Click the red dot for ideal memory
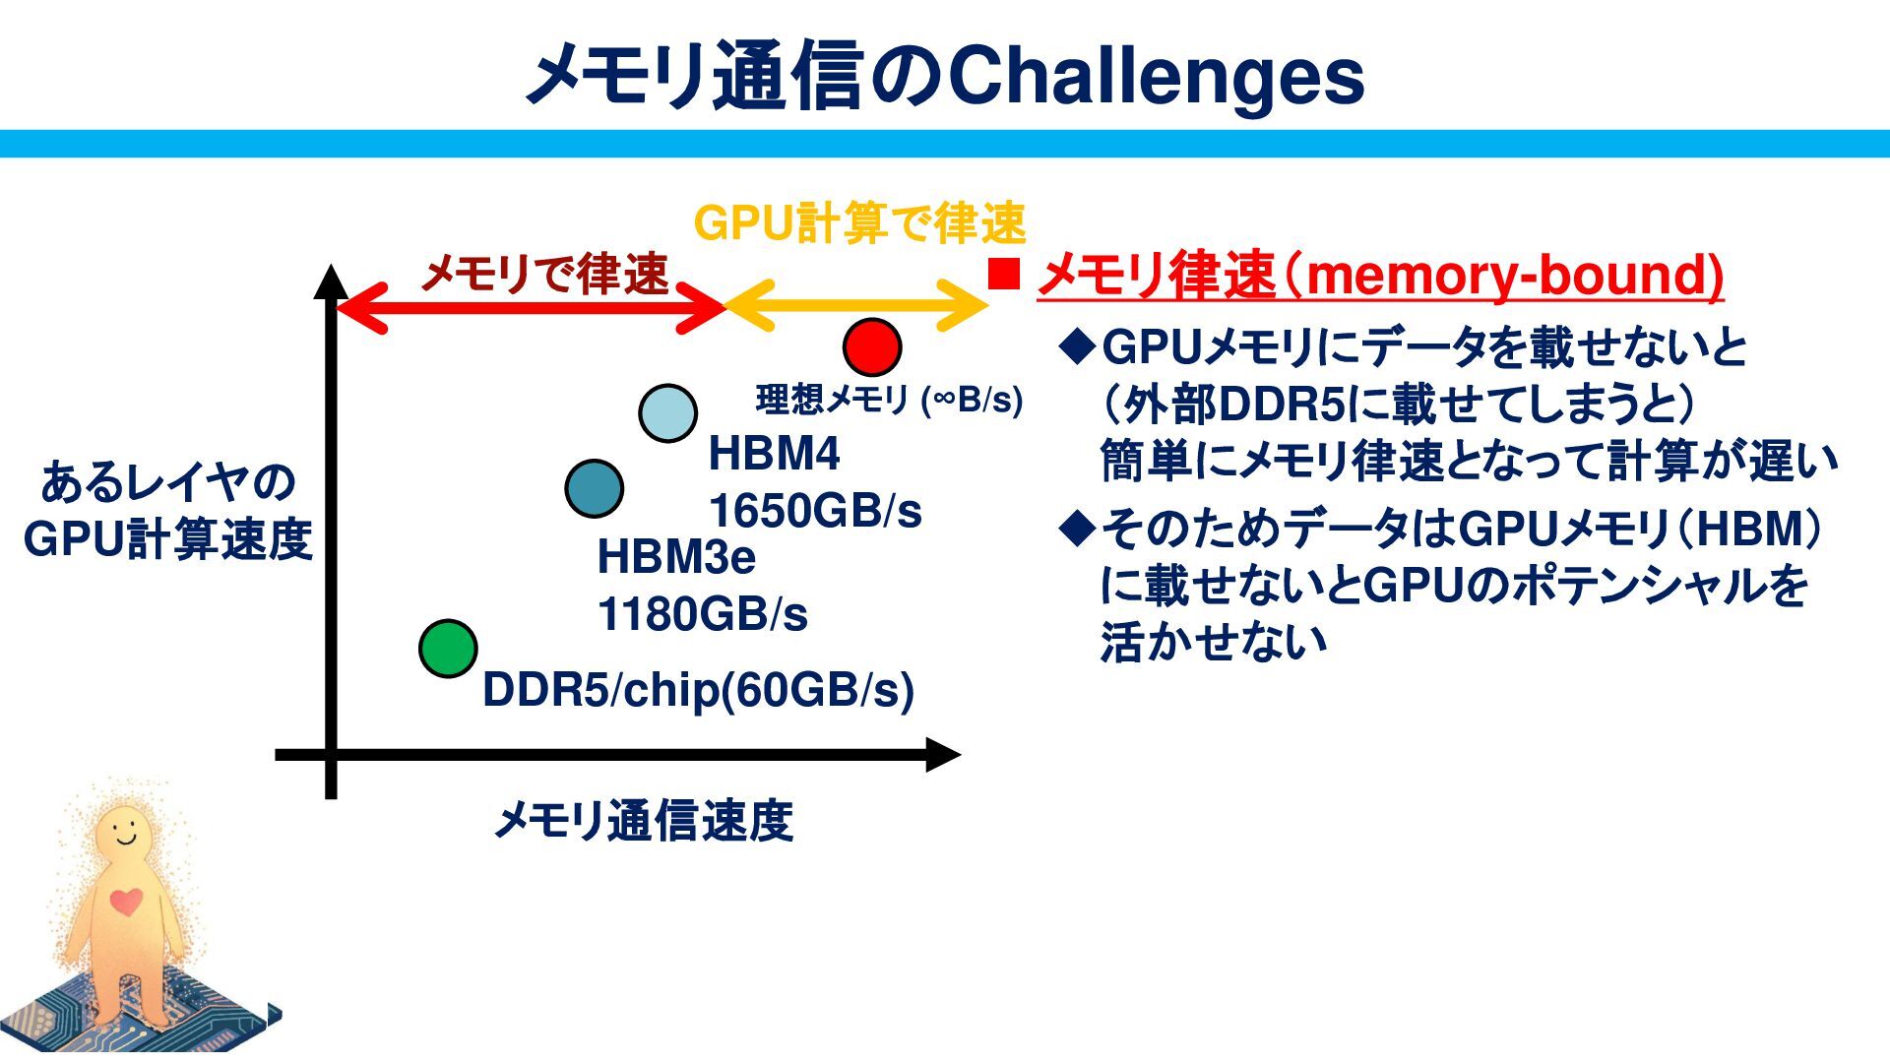(872, 346)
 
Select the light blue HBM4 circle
(667, 413)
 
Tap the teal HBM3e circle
(595, 488)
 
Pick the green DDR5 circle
(448, 649)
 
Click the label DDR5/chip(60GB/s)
(698, 690)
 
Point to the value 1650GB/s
(815, 511)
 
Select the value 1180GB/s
(702, 615)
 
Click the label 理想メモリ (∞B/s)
(889, 400)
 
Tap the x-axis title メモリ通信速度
(643, 821)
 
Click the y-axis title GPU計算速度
(167, 539)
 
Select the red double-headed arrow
(532, 306)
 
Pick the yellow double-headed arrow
(856, 306)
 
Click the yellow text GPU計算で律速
(859, 223)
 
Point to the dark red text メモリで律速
(544, 273)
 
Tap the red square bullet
(1003, 275)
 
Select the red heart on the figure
(126, 901)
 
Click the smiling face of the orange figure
(125, 833)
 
